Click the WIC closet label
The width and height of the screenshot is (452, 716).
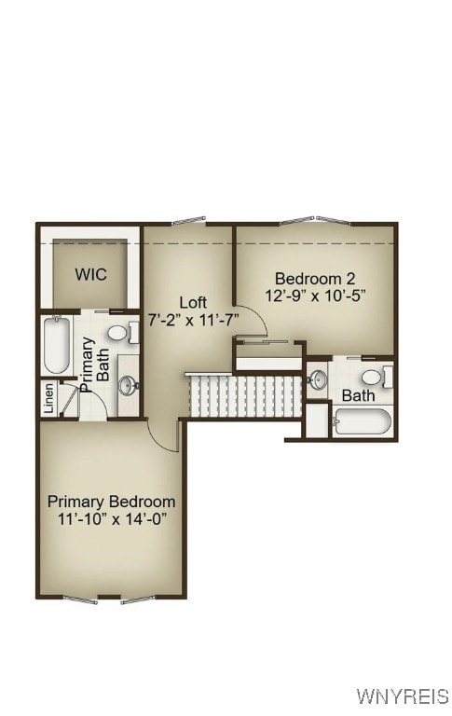point(91,274)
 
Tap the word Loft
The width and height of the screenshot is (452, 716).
point(193,302)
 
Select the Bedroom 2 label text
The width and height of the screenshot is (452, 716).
point(315,278)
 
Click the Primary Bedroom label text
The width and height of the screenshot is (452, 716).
point(111,501)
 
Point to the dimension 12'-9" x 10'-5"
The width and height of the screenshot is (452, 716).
point(315,295)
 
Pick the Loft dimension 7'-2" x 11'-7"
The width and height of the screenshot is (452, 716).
point(194,319)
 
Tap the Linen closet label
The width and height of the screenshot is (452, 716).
point(48,398)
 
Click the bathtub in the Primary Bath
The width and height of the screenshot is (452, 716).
point(57,345)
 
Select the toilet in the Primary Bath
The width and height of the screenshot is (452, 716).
point(117,332)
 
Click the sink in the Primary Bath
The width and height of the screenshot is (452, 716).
point(128,383)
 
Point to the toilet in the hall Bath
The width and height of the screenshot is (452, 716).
point(373,377)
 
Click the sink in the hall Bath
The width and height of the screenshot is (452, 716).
point(318,379)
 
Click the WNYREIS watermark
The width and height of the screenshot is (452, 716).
point(402,696)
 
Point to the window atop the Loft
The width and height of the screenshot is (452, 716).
point(188,222)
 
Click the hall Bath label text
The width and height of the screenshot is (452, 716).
point(358,395)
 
